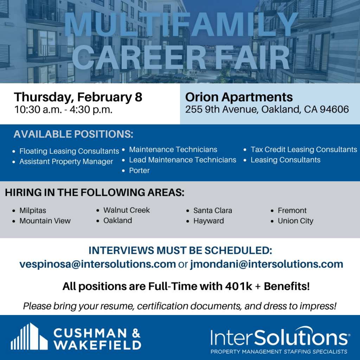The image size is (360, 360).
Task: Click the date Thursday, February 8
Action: pyautogui.click(x=78, y=97)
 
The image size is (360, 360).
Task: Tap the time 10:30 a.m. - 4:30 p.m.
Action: pyautogui.click(x=63, y=110)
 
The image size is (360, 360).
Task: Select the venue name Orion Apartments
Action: pyautogui.click(x=239, y=97)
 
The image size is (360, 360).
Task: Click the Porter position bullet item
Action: pyautogui.click(x=139, y=171)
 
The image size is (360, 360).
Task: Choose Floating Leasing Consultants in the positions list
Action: pyautogui.click(x=69, y=151)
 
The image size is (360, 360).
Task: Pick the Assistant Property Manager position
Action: pyautogui.click(x=66, y=162)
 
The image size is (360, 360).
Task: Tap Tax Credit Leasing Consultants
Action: pyautogui.click(x=304, y=149)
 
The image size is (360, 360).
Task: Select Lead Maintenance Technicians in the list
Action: pyautogui.click(x=182, y=160)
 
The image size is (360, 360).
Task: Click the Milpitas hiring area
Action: pyautogui.click(x=33, y=210)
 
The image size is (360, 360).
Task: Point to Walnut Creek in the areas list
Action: pyautogui.click(x=127, y=210)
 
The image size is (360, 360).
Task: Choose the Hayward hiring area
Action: pyautogui.click(x=208, y=221)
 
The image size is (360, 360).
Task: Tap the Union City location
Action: pyautogui.click(x=295, y=221)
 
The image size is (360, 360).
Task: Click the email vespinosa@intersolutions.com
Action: pyautogui.click(x=98, y=264)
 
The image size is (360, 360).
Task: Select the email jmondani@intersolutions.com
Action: pyautogui.click(x=266, y=264)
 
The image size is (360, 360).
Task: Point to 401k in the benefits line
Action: pyautogui.click(x=239, y=286)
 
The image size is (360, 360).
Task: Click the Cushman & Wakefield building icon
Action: pyautogui.click(x=29, y=336)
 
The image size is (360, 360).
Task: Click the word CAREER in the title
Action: pyautogui.click(x=139, y=57)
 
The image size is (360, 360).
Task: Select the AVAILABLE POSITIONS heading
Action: pyautogui.click(x=73, y=134)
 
